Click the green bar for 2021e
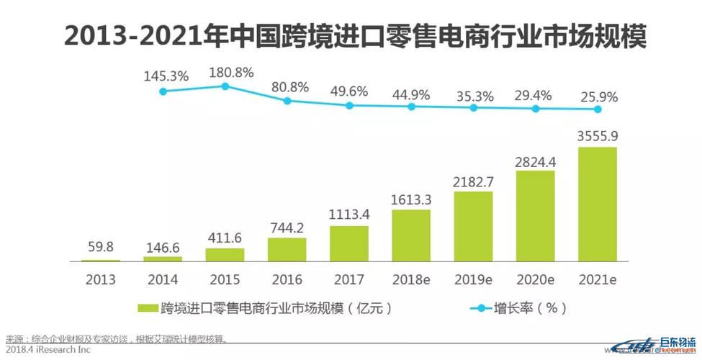point(598,204)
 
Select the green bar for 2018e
point(411,235)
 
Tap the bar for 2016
point(287,249)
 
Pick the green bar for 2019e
point(473,226)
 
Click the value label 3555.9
point(598,137)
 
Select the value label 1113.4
point(349,214)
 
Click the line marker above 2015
point(225,86)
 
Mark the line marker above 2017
point(349,105)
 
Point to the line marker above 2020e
point(536,109)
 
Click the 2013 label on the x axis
point(100,279)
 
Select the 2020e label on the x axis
point(536,279)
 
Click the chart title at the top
point(351,35)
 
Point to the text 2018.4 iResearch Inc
point(48,350)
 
